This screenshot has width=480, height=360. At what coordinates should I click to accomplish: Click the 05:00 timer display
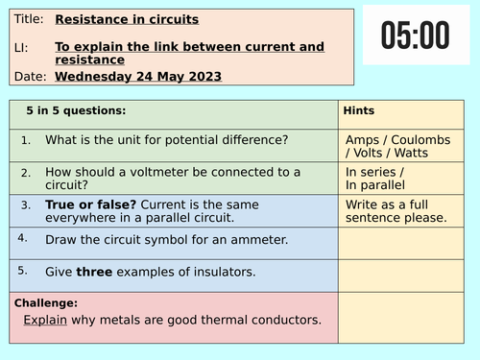pyautogui.click(x=415, y=36)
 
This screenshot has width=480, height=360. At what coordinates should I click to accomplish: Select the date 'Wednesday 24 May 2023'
pyautogui.click(x=138, y=77)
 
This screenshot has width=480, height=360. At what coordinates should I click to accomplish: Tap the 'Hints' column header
pyautogui.click(x=358, y=111)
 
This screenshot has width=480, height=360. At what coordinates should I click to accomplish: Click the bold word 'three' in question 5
pyautogui.click(x=95, y=272)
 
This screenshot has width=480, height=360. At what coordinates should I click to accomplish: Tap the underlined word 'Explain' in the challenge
pyautogui.click(x=45, y=320)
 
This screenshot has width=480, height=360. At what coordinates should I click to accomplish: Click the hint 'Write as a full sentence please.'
pyautogui.click(x=396, y=210)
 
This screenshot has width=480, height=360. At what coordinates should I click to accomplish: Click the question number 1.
pyautogui.click(x=26, y=140)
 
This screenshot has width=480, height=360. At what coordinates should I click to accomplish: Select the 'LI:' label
pyautogui.click(x=19, y=47)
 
